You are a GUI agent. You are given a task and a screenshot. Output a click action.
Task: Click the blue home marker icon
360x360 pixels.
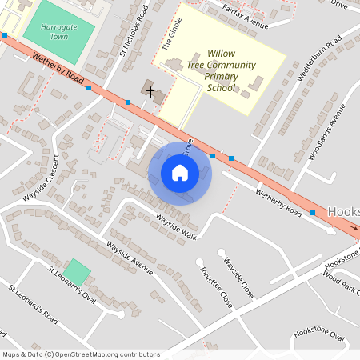180,172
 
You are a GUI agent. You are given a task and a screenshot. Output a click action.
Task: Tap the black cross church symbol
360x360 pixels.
150,92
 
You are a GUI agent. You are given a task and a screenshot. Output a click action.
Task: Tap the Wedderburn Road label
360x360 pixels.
319,57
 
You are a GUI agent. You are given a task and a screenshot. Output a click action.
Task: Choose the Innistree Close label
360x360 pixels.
217,288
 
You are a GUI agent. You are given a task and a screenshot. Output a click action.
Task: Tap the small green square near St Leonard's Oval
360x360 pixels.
78,271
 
